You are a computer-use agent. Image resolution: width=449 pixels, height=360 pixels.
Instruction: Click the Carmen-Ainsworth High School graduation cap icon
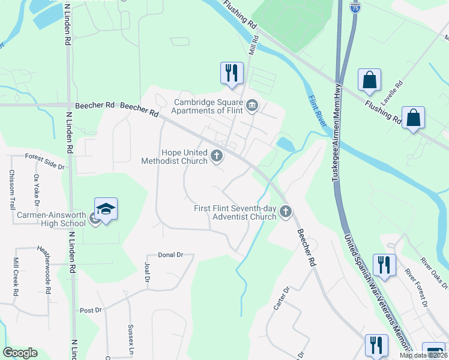106,209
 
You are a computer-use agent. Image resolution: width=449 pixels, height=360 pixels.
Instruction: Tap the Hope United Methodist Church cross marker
217,157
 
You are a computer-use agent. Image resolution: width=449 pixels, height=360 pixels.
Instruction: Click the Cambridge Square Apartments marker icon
252,106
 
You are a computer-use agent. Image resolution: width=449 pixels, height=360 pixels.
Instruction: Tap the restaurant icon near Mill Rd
231,73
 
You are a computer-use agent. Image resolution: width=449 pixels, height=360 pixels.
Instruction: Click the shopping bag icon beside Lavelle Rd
369,80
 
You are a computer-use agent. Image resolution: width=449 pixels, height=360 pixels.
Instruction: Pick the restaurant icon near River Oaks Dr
384,265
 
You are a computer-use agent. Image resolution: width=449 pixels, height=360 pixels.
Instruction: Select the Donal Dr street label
170,255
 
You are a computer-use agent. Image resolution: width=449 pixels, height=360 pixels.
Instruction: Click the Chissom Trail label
11,189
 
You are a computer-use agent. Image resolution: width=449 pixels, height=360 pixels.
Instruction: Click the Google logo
20,353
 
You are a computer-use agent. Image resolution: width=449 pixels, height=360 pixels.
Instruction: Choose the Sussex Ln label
130,337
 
